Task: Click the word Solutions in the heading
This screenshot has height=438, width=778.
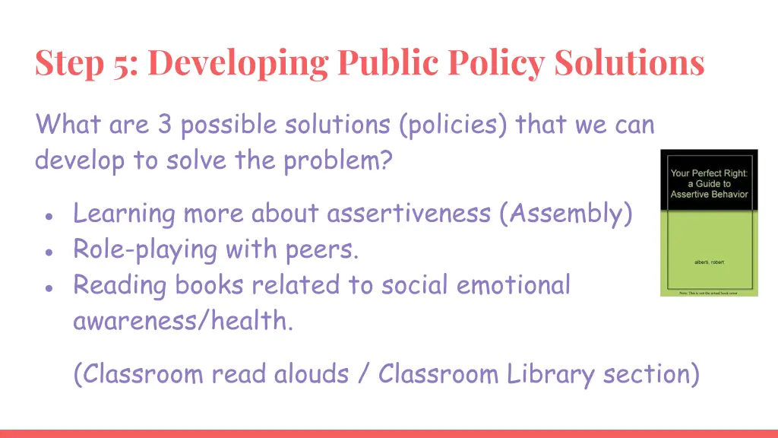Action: coord(630,62)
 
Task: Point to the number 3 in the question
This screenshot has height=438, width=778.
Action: coord(165,124)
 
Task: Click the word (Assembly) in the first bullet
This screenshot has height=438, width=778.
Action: coord(566,214)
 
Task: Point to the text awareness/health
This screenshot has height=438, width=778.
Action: coord(182,321)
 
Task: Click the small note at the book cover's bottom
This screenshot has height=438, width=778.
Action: coord(709,293)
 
